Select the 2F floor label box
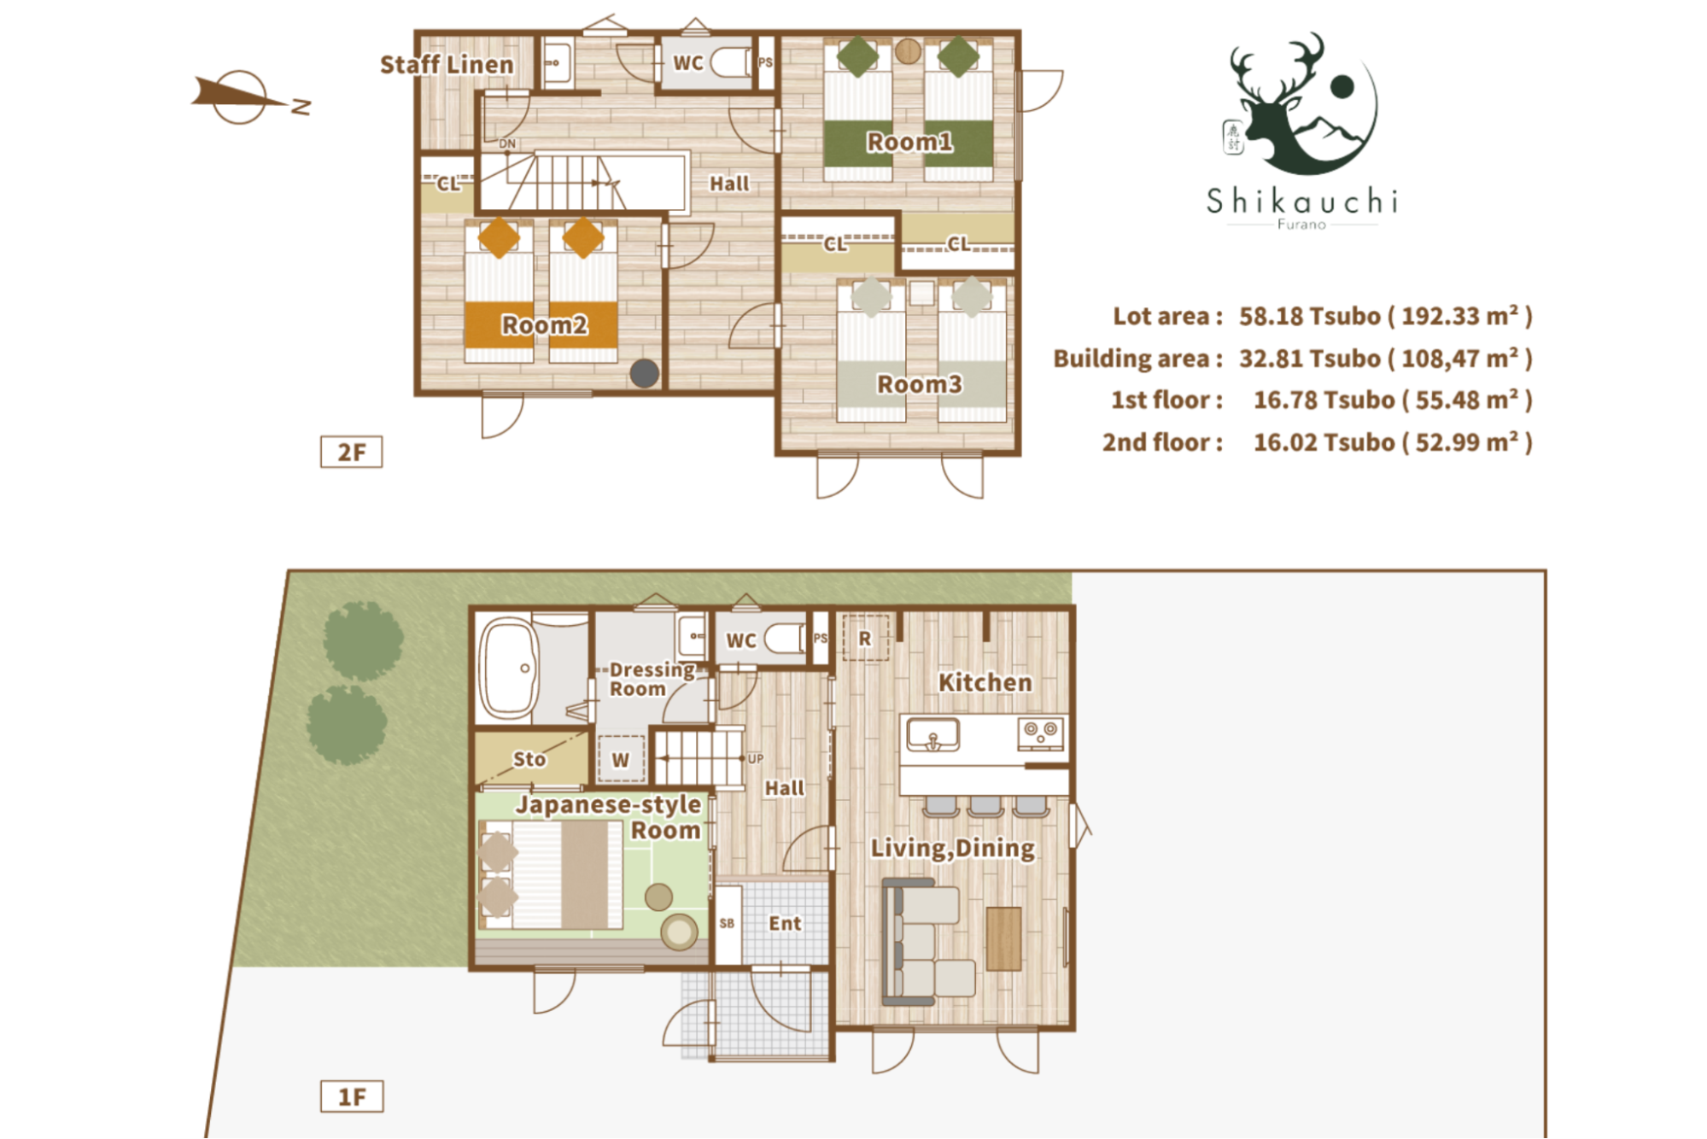[x=351, y=452]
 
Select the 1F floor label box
[x=352, y=1096]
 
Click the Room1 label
[x=909, y=142]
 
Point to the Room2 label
[x=544, y=325]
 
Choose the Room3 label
[x=919, y=384]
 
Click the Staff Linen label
[x=447, y=65]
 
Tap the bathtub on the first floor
[x=509, y=669]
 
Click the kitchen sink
[x=932, y=734]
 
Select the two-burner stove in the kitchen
[x=1041, y=733]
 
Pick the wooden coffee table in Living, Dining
[x=1004, y=938]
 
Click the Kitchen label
[x=985, y=682]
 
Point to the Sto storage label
[x=529, y=759]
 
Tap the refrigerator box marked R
[x=865, y=638]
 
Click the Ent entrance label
[x=785, y=923]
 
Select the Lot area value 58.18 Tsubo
[x=1310, y=316]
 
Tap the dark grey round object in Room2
[x=645, y=373]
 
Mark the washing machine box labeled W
[x=621, y=759]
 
